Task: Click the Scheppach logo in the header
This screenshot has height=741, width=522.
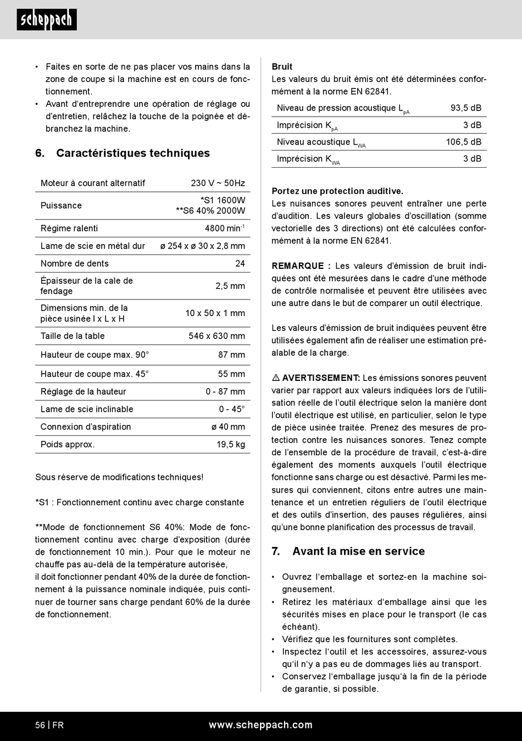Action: tap(47, 20)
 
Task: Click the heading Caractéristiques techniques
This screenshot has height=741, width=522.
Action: tap(132, 153)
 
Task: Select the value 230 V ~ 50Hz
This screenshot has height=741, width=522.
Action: tap(218, 183)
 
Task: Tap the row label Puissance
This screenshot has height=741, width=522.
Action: tap(61, 206)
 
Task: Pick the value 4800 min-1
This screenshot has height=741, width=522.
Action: tap(224, 228)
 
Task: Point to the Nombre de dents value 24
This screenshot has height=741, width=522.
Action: tap(240, 263)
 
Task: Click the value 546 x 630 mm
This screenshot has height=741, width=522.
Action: tap(216, 336)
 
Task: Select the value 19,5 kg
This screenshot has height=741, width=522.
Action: tap(230, 444)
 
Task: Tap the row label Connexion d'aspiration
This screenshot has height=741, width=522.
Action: tap(86, 427)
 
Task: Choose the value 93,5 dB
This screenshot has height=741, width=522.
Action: tap(465, 108)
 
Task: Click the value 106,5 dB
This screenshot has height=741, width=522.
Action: tap(463, 142)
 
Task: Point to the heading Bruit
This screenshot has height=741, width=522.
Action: tap(282, 67)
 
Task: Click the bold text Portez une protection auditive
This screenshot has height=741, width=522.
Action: tap(337, 191)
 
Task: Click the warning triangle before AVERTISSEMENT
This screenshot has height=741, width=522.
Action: tap(276, 378)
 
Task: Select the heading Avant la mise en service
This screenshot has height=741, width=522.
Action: tap(358, 551)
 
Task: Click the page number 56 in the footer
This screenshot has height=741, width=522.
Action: tap(40, 725)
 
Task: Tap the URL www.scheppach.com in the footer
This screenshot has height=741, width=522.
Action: tap(260, 725)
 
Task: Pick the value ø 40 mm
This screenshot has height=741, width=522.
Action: tap(228, 427)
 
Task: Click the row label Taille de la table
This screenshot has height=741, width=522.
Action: tap(73, 336)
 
